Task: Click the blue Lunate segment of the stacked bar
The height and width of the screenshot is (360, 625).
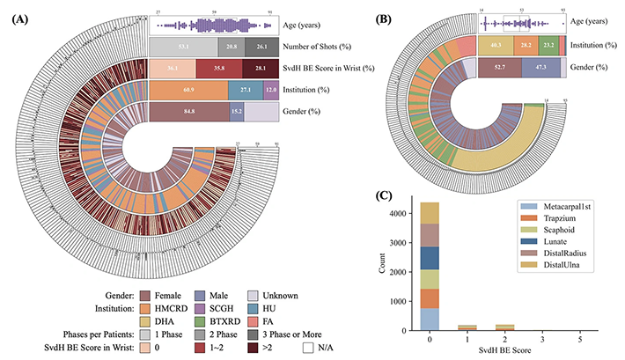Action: (x=429, y=257)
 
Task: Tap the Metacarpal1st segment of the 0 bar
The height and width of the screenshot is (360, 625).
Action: (x=429, y=320)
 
